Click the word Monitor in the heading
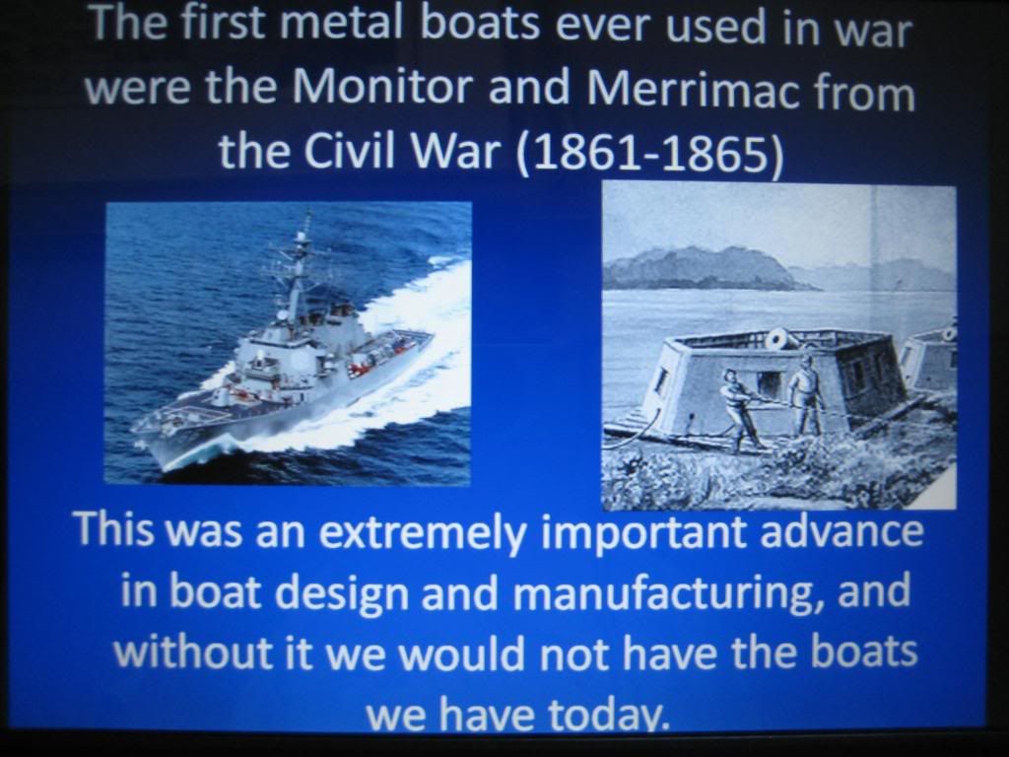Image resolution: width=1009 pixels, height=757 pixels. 383,87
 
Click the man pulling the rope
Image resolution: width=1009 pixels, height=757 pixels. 740,408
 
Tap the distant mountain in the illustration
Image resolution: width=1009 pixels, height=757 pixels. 702,268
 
